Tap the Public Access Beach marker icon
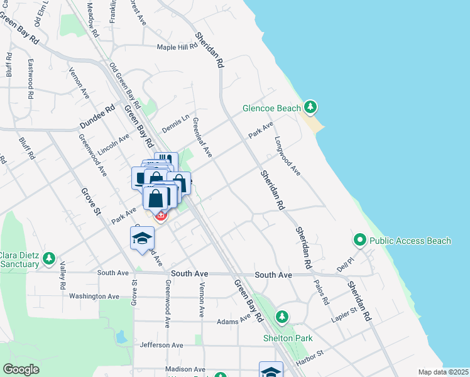(x=360, y=240)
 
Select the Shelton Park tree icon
(x=283, y=316)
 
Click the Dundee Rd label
(x=97, y=117)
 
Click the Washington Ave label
(x=94, y=296)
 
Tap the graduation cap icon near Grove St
(x=143, y=239)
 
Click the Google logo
(x=21, y=369)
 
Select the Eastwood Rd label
(x=30, y=79)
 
